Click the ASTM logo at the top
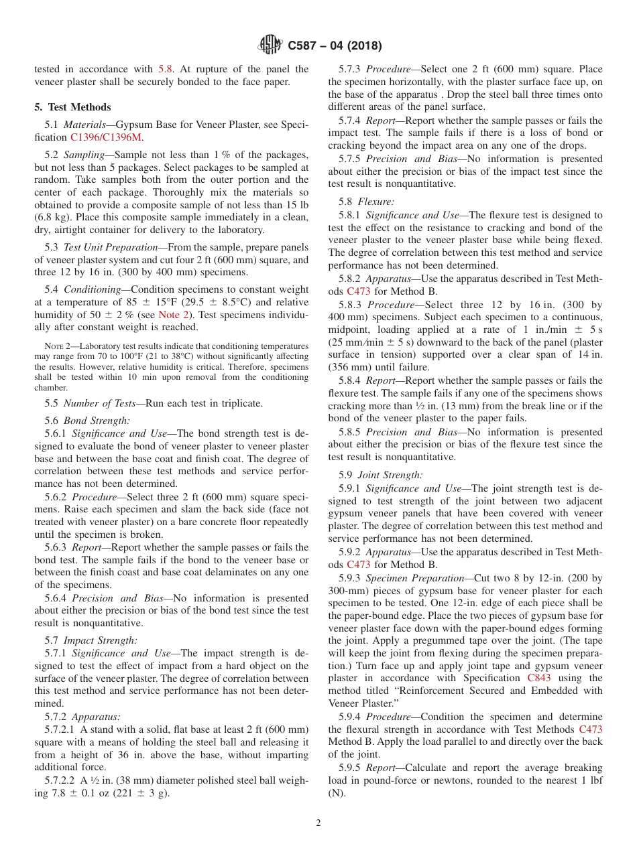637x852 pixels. click(x=271, y=46)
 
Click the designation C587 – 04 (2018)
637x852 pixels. click(x=335, y=46)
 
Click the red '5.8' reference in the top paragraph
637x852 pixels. click(x=166, y=69)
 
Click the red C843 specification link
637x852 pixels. click(x=539, y=678)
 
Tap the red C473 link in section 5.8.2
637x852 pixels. click(x=358, y=291)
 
